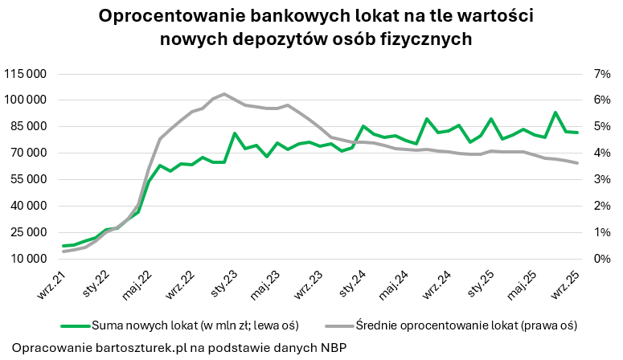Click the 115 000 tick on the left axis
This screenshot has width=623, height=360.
(27, 74)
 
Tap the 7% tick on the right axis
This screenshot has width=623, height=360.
(601, 74)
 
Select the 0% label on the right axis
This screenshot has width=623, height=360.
(601, 259)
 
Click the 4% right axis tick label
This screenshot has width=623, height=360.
(601, 153)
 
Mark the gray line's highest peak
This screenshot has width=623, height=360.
(223, 94)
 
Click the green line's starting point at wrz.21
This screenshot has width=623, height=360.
(64, 246)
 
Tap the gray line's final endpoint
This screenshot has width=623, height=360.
(577, 163)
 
